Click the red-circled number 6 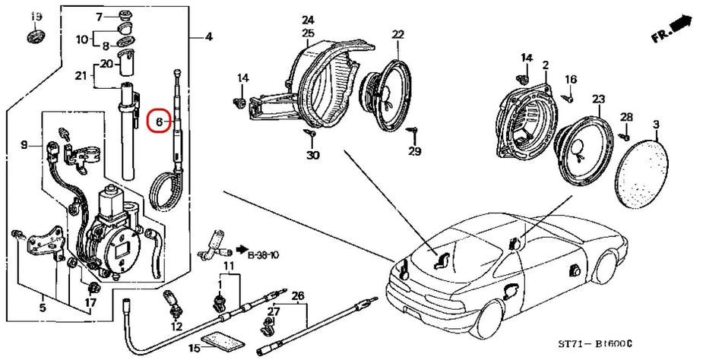click(x=159, y=121)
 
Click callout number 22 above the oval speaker click(x=398, y=35)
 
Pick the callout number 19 click(x=36, y=17)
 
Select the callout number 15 click(x=194, y=348)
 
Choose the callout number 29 click(x=414, y=153)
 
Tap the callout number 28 click(x=625, y=117)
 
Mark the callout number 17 click(x=90, y=303)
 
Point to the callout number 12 click(x=176, y=327)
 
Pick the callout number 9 click(x=24, y=144)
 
